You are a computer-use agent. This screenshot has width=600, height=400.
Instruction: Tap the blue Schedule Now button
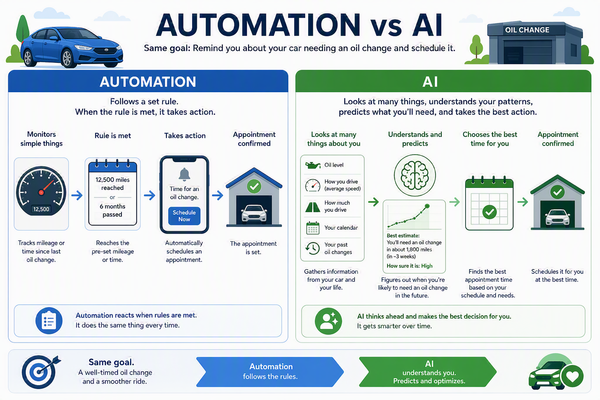184,216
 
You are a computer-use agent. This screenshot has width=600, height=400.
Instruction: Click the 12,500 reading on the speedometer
41,209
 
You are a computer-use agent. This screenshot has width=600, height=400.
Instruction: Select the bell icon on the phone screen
184,174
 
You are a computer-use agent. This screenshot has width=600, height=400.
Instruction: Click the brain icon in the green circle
414,175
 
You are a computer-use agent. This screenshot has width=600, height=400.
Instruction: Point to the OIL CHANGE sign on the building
527,30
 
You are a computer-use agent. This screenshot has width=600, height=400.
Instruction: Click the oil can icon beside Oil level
312,165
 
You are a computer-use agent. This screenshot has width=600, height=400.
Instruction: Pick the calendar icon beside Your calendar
312,228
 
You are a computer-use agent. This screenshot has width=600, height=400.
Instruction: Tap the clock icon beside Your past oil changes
312,248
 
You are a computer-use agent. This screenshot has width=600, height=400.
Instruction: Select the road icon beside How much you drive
312,207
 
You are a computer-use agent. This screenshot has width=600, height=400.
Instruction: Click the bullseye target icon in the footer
39,372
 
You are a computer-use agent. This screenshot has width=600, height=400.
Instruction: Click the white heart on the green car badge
572,377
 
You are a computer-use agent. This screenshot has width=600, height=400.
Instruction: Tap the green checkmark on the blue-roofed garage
254,186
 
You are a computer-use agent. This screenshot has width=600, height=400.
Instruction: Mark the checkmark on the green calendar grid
489,212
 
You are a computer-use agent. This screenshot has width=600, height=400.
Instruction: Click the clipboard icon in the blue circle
49,320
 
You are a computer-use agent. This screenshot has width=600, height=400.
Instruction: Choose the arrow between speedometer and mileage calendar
77,195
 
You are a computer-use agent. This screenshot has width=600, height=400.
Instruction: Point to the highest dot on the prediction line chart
427,206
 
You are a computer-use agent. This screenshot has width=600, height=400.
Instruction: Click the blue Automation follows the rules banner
270,371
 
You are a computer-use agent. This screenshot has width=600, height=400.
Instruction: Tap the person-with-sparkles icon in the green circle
328,321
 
